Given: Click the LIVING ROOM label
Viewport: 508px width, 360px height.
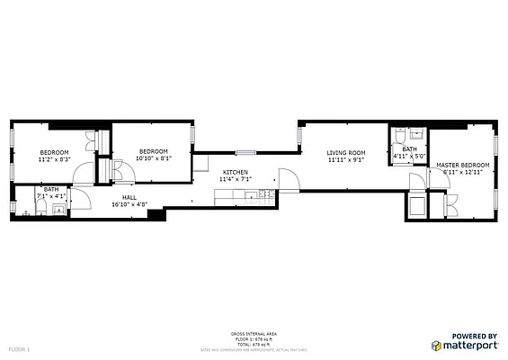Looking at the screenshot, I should click(x=345, y=153).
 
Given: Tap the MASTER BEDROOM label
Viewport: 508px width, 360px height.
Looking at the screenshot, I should click(x=462, y=165).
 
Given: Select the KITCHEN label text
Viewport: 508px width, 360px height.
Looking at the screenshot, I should click(x=236, y=172).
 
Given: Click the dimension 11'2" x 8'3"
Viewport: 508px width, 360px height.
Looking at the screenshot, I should click(x=53, y=159).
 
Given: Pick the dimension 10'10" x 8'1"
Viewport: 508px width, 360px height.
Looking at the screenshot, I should click(x=153, y=158).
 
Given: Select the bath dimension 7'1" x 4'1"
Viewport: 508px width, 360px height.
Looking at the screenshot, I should click(x=51, y=195).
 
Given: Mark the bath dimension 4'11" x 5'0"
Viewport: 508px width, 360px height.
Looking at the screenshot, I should click(x=409, y=156).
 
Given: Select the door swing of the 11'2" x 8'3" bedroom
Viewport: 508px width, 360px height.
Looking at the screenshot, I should click(x=84, y=174).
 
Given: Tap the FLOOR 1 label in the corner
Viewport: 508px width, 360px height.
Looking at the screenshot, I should click(x=20, y=347).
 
